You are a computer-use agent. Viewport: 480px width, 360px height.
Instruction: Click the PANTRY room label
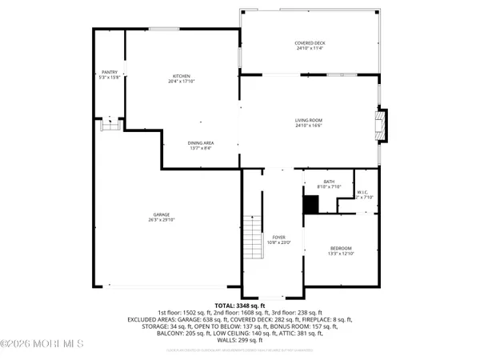(x=109, y=72)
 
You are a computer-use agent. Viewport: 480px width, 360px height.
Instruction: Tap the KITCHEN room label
(x=183, y=76)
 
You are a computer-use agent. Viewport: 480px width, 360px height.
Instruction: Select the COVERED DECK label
(x=310, y=43)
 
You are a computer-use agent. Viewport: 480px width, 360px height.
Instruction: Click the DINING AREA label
(x=202, y=142)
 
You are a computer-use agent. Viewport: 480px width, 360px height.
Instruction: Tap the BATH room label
(x=329, y=182)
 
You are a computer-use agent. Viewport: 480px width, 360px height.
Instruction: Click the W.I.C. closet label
(x=362, y=192)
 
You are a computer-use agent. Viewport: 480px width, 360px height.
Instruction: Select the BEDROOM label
(x=341, y=248)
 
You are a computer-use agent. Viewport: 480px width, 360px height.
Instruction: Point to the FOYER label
(x=278, y=237)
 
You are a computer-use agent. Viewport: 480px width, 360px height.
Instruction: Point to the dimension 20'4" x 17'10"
(x=183, y=82)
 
